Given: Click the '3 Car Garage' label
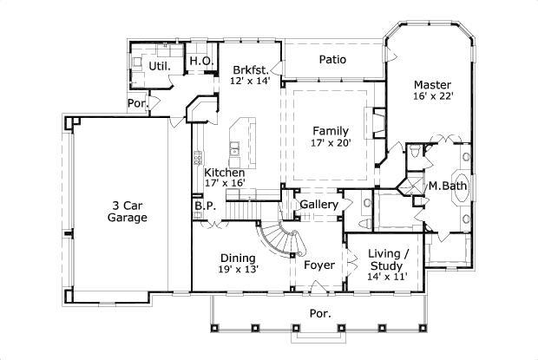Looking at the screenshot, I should pyautogui.click(x=128, y=211).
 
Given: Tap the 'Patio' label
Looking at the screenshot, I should pyautogui.click(x=332, y=60).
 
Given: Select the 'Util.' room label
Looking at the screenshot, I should pyautogui.click(x=159, y=65).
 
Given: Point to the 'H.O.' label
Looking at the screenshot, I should pyautogui.click(x=200, y=61).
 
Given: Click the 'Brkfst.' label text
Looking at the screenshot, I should pyautogui.click(x=250, y=69).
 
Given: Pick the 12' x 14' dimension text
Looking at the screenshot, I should pyautogui.click(x=250, y=81).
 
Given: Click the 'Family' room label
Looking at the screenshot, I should pyautogui.click(x=331, y=131).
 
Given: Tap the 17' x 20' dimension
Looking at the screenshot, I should pyautogui.click(x=331, y=143).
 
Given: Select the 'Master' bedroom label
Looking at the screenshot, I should pyautogui.click(x=431, y=85).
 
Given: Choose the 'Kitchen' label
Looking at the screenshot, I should pyautogui.click(x=224, y=173).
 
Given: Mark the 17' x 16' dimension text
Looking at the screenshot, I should pyautogui.click(x=225, y=184).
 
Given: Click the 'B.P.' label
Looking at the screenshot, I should pyautogui.click(x=204, y=206).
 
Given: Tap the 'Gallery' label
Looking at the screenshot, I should pyautogui.click(x=318, y=204).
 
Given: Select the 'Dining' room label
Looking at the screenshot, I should pyautogui.click(x=237, y=258).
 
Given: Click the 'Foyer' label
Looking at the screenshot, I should pyautogui.click(x=318, y=265).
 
